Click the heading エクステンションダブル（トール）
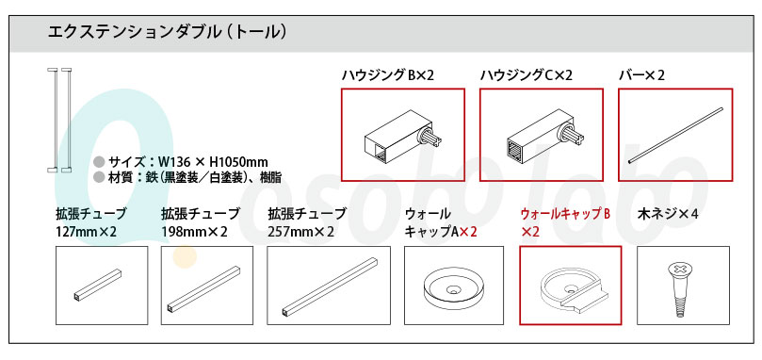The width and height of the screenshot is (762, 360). (x=167, y=33)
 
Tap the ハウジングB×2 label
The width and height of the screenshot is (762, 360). (x=387, y=75)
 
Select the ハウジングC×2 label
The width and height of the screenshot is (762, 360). (x=527, y=75)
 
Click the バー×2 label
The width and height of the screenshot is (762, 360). (x=641, y=75)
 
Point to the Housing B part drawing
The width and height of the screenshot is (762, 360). (x=404, y=138)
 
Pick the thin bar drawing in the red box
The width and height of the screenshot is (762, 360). (x=676, y=136)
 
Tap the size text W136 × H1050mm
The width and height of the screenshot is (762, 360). (x=188, y=162)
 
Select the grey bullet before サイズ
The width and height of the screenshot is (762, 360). (x=100, y=162)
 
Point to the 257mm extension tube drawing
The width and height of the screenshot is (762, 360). (x=330, y=287)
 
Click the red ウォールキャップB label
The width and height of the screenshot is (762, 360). (x=565, y=222)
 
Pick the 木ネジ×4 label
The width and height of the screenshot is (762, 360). (x=667, y=214)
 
